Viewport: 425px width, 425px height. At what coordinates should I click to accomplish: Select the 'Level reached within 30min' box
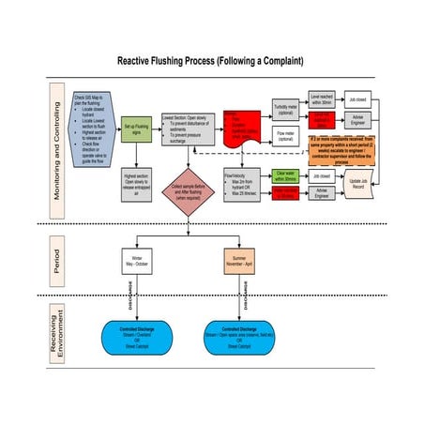[x=322, y=99]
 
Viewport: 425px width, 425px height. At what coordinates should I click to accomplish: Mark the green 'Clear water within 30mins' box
[x=286, y=175]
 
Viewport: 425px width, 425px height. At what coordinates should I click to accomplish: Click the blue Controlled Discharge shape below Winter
[x=136, y=337]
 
